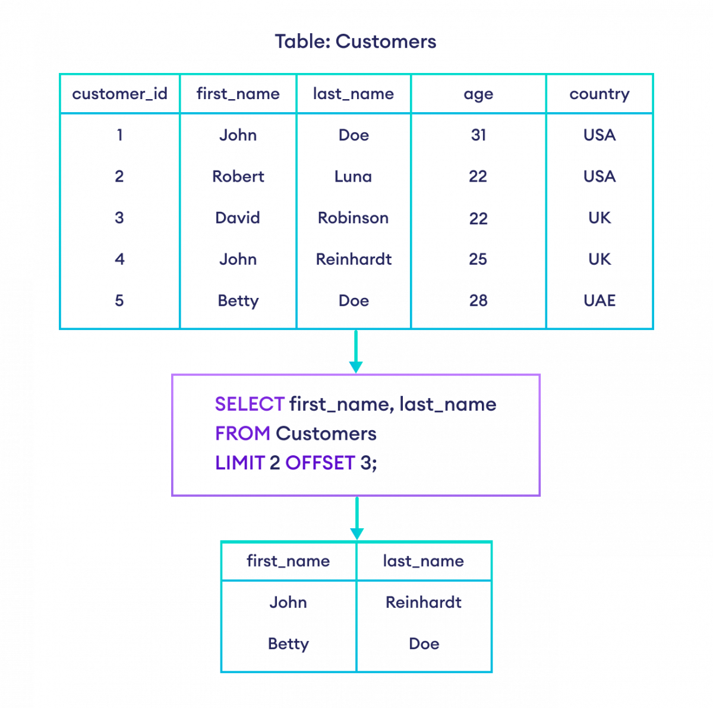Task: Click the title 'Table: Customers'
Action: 355,42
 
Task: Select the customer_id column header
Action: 119,94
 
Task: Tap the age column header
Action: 478,94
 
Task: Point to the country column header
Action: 599,94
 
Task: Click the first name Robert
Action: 238,176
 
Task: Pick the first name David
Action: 238,218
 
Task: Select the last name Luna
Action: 353,176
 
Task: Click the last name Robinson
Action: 353,218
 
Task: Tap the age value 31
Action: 478,135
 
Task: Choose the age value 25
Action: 478,259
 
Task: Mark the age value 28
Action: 478,300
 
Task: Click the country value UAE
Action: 599,300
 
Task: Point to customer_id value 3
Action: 119,218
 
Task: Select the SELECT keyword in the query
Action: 250,404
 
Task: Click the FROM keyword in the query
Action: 242,433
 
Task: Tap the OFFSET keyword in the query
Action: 320,463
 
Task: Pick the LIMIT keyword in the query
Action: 239,463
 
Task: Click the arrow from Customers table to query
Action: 356,352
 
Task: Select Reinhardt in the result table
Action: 424,602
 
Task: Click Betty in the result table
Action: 288,644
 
